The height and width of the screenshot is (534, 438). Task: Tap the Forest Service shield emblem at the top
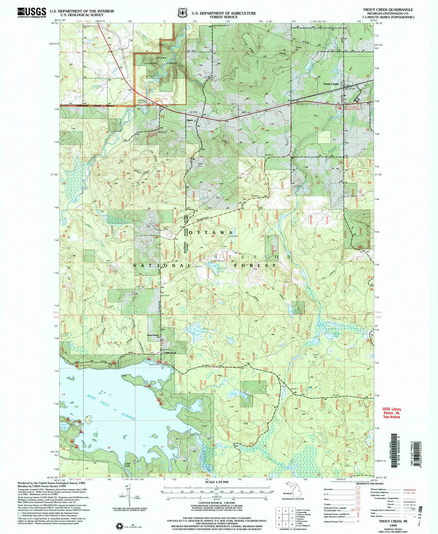coord(182,13)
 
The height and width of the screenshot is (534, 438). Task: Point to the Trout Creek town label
coord(331,84)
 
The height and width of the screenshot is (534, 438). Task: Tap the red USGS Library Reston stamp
coord(392,413)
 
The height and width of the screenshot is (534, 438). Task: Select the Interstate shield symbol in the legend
coord(358,490)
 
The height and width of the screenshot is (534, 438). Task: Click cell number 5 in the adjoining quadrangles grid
coord(286,517)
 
